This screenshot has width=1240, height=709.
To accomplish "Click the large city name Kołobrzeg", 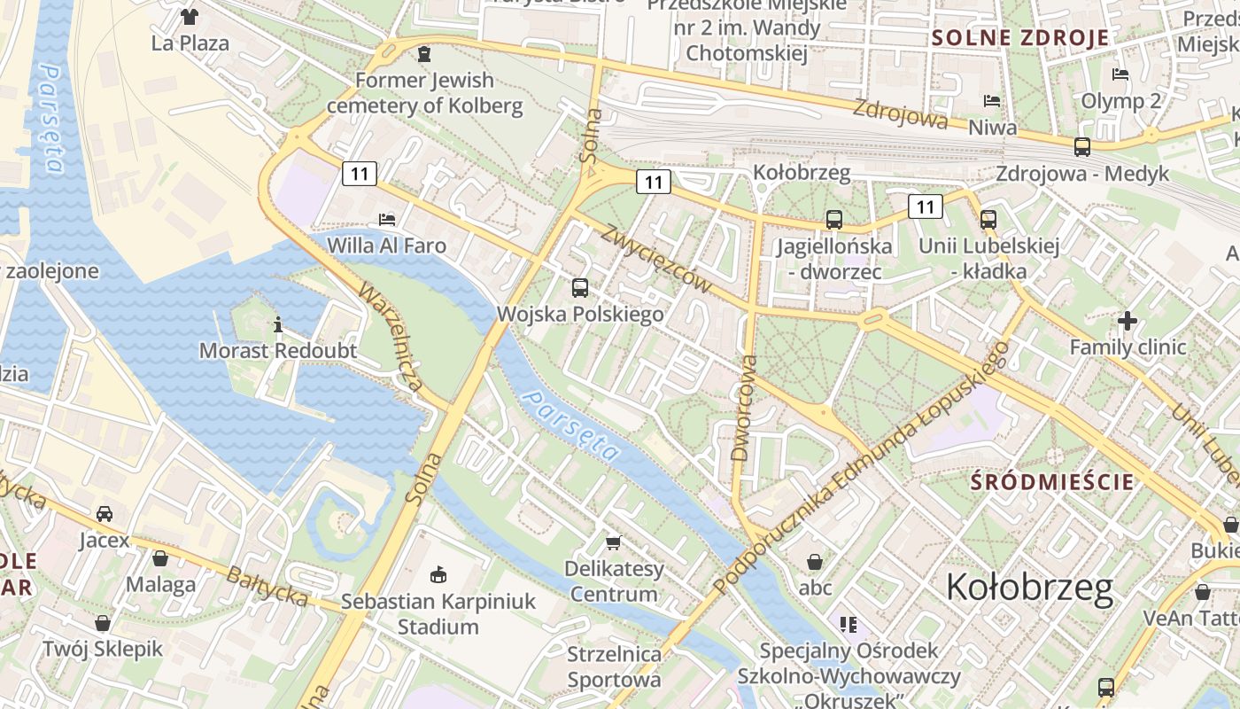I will [1029, 588].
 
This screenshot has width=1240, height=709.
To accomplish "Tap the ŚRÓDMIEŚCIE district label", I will [1052, 481].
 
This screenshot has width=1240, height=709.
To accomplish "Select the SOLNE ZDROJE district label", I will [1020, 37].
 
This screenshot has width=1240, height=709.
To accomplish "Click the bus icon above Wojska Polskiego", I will [580, 287].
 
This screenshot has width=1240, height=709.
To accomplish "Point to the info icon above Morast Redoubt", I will [278, 324].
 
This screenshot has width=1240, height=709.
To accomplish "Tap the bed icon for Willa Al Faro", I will [387, 219].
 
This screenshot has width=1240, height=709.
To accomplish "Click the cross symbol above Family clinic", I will [1127, 320].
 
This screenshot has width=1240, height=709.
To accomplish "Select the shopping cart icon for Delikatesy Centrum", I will [613, 542].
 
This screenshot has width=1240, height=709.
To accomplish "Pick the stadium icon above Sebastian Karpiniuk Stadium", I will [438, 575].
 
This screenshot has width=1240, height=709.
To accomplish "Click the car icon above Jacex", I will [105, 514].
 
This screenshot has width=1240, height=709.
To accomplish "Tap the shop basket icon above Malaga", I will [160, 558].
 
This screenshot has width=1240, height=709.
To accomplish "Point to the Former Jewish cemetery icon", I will [424, 54].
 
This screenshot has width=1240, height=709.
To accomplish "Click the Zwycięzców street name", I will [656, 258].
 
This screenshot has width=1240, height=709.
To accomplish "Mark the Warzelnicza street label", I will [392, 337].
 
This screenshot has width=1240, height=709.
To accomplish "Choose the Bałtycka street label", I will [266, 586].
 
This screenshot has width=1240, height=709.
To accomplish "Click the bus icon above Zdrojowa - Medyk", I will [1081, 147].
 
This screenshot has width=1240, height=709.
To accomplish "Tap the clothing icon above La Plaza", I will [190, 16].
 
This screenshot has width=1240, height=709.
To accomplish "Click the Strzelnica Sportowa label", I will [614, 666].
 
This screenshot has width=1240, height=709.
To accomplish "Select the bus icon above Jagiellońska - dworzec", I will [833, 220].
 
